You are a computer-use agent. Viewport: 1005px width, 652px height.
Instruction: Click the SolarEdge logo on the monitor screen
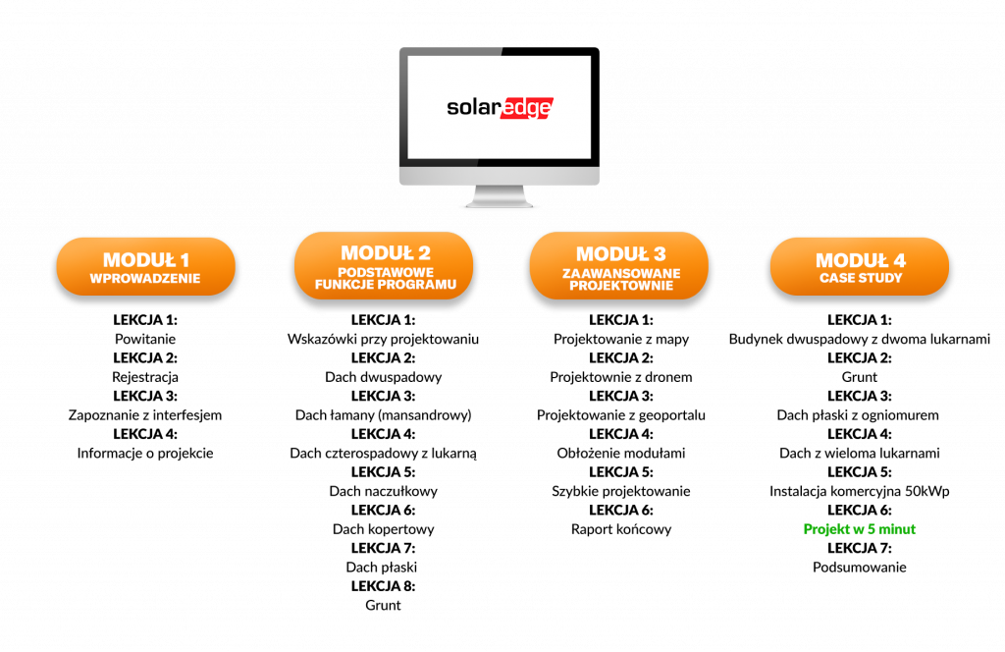500,108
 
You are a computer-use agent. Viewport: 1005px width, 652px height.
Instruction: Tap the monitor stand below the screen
500,196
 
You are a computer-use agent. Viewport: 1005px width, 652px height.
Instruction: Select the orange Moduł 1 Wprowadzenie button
145,267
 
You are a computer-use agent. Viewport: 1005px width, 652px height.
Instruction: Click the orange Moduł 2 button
384,265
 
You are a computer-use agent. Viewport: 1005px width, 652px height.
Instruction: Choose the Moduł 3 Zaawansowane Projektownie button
619,265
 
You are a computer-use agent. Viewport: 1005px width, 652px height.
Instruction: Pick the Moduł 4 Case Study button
860,267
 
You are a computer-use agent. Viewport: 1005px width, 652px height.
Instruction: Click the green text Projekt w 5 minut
860,529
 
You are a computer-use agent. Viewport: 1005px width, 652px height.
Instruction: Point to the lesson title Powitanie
145,339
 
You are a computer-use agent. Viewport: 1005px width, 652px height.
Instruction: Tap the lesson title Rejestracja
145,377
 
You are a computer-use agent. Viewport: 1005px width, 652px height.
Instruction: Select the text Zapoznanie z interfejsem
145,414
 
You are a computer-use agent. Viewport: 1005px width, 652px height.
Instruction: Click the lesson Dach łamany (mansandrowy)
384,414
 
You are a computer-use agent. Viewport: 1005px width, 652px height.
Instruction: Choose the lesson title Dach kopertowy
384,529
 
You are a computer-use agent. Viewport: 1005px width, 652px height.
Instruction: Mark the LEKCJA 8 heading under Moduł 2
384,586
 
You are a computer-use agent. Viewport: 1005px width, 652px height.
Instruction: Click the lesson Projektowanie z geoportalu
621,414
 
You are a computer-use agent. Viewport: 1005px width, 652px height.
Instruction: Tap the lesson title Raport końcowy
621,529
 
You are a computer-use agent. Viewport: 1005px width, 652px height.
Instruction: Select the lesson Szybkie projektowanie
621,491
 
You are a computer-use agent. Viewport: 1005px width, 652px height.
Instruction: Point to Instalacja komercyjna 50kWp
860,491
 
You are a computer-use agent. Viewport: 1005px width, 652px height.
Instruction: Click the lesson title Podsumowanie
860,567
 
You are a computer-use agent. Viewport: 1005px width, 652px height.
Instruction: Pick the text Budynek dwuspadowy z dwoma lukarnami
860,339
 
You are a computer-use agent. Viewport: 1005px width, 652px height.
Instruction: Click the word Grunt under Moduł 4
860,377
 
